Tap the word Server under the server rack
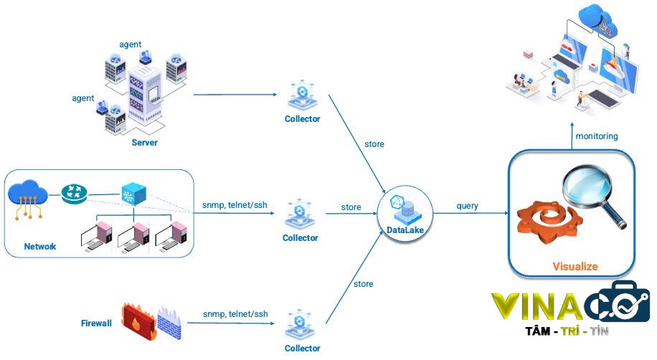(x=144, y=143)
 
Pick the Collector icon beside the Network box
(x=300, y=214)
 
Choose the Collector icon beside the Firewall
(x=301, y=323)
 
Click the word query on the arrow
(x=468, y=207)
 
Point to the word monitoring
(x=596, y=136)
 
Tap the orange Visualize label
(x=575, y=267)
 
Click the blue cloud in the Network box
(x=28, y=193)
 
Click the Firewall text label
(x=96, y=323)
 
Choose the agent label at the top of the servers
(x=130, y=45)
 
